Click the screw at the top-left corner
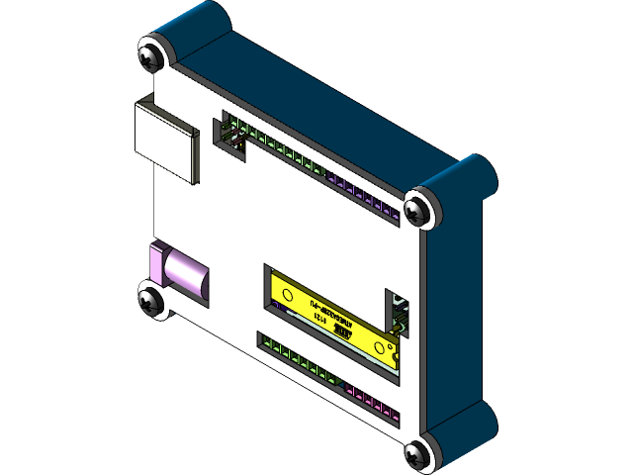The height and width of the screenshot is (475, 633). click(151, 53)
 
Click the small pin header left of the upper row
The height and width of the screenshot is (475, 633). click(233, 137)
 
